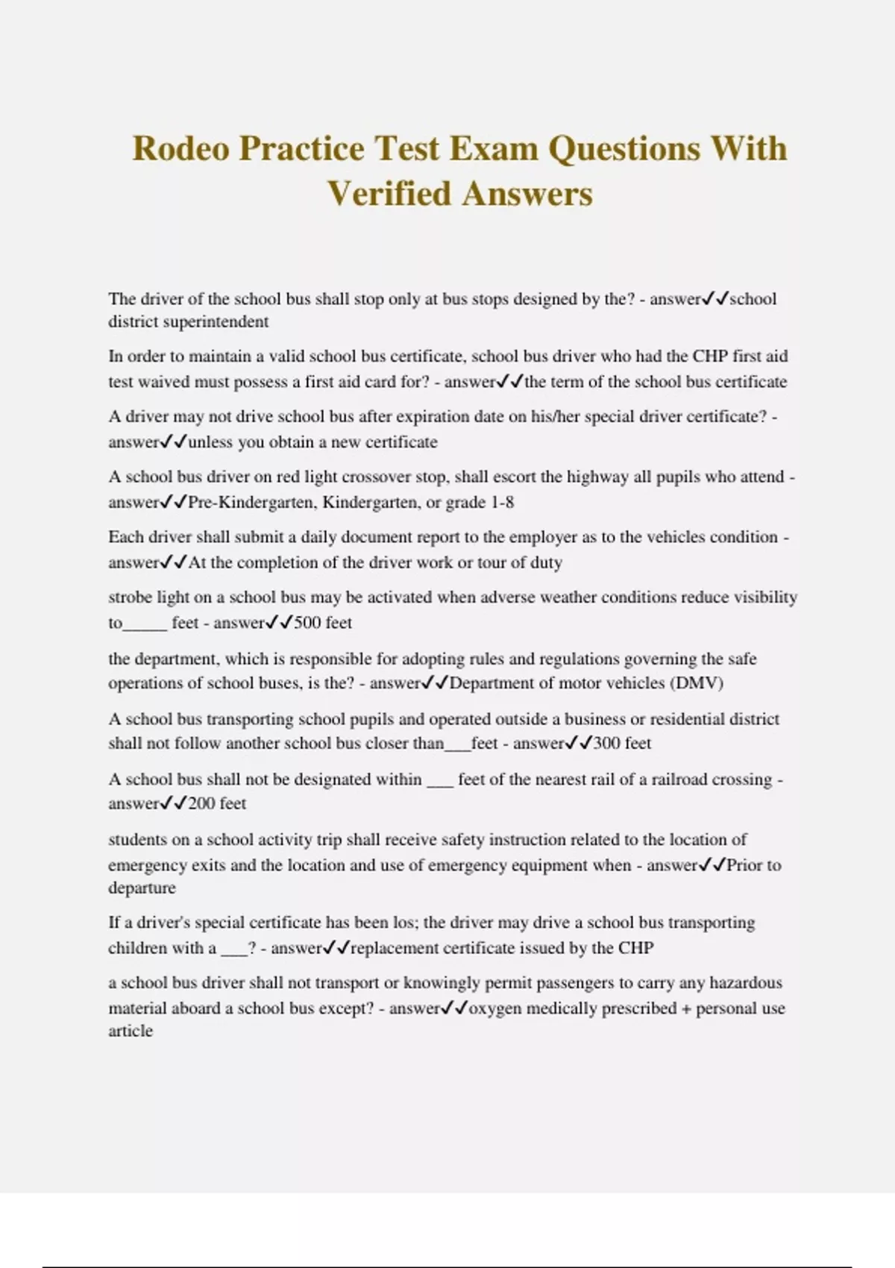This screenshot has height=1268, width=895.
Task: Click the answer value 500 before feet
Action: pyautogui.click(x=307, y=623)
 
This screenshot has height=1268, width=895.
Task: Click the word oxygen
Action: pyautogui.click(x=494, y=1009)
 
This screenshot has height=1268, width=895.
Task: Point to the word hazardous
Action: pyautogui.click(x=745, y=983)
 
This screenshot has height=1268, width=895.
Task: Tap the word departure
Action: pyautogui.click(x=142, y=888)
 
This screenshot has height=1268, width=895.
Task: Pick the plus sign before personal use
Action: pyautogui.click(x=686, y=1009)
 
